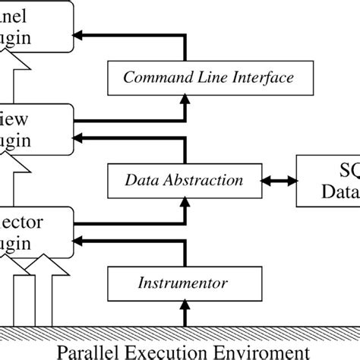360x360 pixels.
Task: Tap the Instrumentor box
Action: pos(185,283)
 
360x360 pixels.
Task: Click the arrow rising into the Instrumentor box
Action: pos(185,313)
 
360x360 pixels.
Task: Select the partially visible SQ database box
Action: pos(328,180)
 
